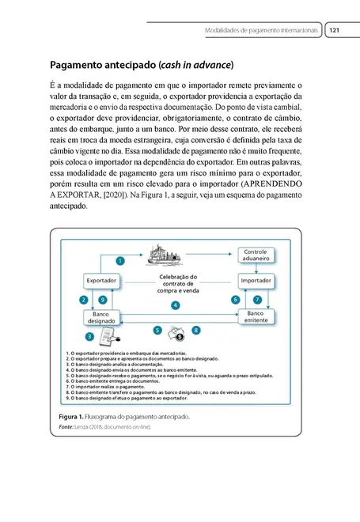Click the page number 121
click(x=334, y=30)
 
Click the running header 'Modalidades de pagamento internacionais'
click(x=261, y=30)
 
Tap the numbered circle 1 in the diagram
click(x=121, y=260)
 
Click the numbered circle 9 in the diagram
click(x=103, y=300)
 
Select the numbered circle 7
click(x=256, y=300)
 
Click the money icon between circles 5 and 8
click(x=177, y=332)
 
